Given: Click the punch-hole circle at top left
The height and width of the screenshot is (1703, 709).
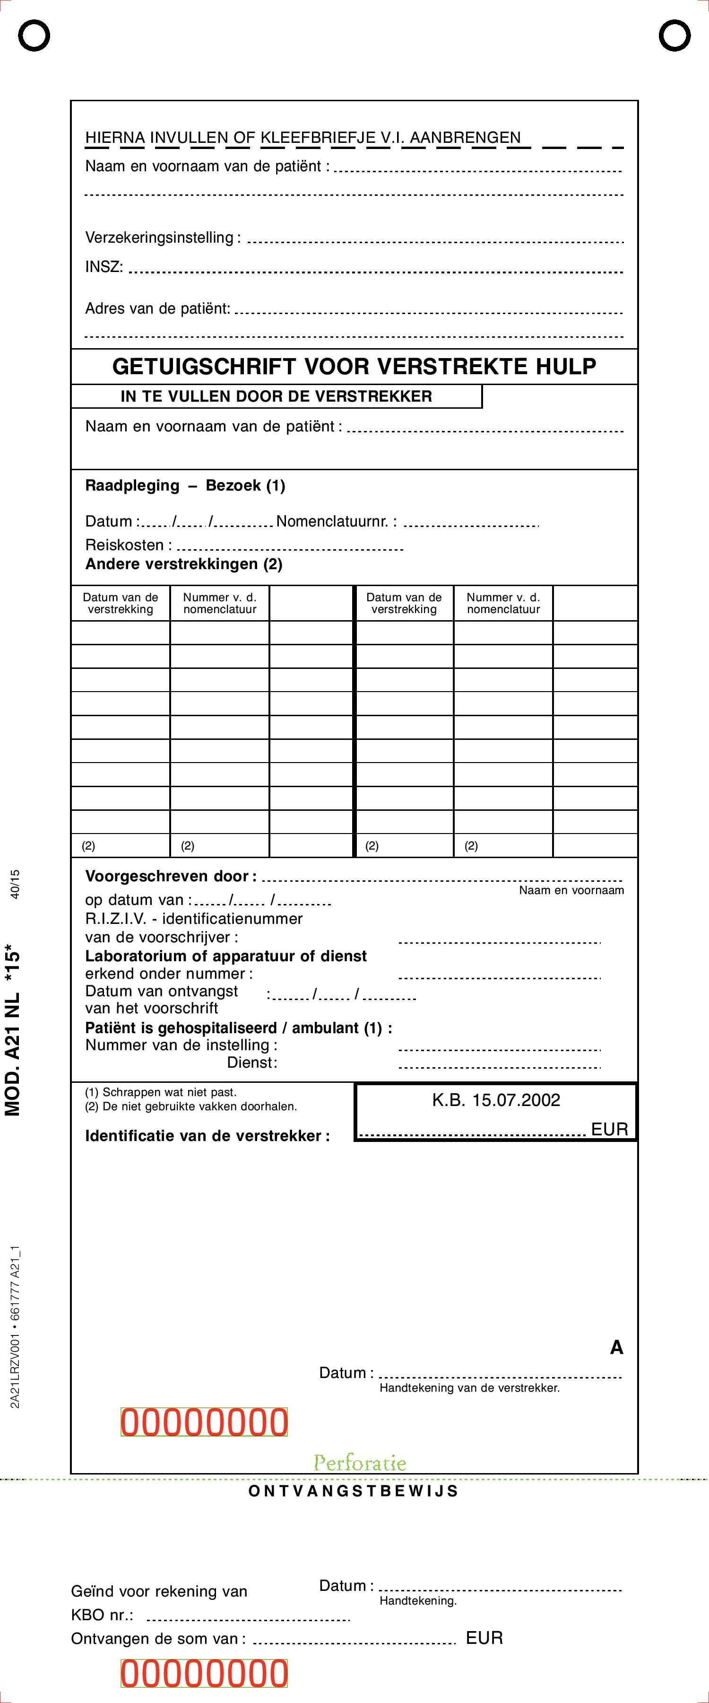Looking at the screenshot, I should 34,35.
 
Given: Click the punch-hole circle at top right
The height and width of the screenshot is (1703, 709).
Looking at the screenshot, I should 674,35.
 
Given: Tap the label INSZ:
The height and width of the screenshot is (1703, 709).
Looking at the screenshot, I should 104,267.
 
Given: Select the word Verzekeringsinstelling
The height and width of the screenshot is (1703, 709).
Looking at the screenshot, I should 159,237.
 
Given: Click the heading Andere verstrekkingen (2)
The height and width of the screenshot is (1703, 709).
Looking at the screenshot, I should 184,564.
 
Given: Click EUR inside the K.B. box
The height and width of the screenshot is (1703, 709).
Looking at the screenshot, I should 609,1129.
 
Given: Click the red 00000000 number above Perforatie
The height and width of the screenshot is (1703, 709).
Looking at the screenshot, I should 204,1422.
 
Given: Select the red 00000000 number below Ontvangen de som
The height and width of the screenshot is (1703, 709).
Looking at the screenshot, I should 204,1674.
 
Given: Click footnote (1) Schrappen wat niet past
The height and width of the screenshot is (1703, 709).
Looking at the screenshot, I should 161,1093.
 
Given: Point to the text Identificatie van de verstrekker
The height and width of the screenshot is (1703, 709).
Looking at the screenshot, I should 207,1136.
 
